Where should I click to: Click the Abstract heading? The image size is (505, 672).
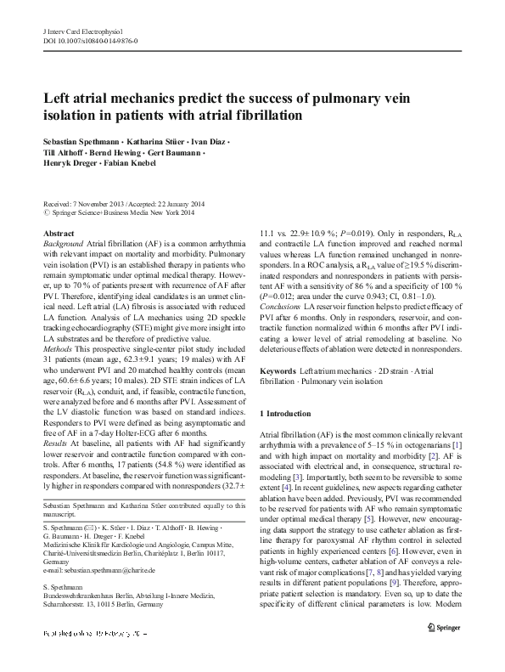58,233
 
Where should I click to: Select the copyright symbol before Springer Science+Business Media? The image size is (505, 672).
46,214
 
